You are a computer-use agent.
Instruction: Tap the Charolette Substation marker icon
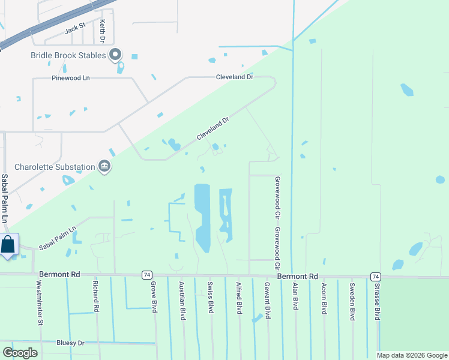tap(104, 166)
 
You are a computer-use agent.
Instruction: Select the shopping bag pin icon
tap(8, 245)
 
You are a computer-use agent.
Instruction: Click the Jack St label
tap(76, 28)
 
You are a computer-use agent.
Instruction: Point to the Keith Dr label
tap(103, 31)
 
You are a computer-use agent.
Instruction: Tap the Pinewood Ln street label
tap(70, 78)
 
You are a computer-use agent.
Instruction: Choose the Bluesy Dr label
tap(71, 343)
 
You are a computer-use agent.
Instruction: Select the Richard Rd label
tap(95, 295)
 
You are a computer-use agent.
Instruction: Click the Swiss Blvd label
tap(210, 296)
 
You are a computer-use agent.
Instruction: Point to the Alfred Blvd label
tap(239, 297)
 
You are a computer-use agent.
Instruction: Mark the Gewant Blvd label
tap(268, 299)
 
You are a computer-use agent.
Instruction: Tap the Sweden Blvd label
tap(352, 298)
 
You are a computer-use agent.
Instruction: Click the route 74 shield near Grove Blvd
tap(146, 275)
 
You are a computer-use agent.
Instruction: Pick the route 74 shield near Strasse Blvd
tap(375, 277)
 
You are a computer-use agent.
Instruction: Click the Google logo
tap(20, 352)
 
